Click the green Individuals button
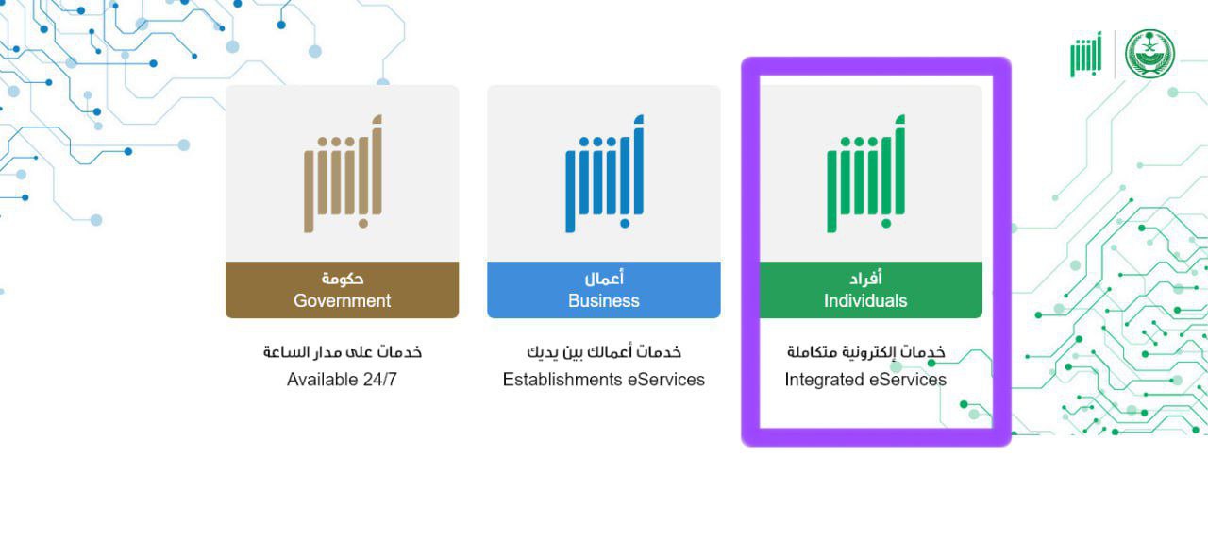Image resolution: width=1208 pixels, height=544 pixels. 870,290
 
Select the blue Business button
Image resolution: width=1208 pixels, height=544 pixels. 603,290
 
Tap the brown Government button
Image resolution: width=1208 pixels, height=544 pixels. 342,290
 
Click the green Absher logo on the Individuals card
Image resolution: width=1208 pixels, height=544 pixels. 865,173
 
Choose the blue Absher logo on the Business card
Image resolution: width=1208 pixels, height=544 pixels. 604,173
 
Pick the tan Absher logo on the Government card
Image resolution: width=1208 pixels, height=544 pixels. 343,173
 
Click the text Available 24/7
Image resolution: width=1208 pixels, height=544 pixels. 342,380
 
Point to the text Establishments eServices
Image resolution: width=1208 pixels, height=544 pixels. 603,380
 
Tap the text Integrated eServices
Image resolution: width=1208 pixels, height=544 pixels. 865,380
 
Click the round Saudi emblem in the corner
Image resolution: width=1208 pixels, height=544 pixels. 1149,54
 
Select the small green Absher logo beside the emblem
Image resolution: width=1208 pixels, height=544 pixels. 1086,55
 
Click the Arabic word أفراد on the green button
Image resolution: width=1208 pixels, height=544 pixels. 865,278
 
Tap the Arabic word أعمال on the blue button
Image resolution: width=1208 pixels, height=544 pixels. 604,278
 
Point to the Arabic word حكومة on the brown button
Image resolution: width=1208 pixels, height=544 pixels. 343,279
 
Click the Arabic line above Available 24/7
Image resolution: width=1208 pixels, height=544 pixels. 343,352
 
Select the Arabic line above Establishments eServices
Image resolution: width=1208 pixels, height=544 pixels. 604,352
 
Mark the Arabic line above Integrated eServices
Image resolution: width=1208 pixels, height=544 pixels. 865,352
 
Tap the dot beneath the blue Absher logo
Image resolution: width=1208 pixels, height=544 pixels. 625,224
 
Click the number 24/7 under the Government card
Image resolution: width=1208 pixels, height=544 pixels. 379,380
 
